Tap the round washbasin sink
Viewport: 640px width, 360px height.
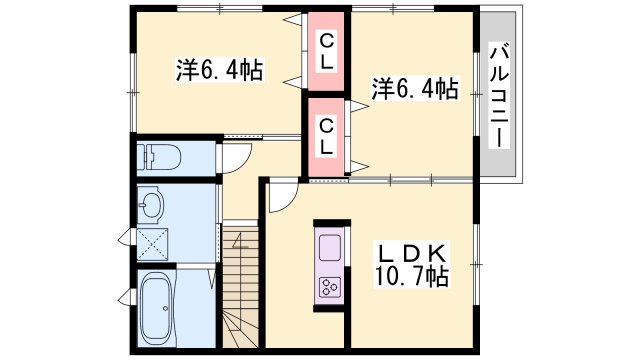pyautogui.click(x=152, y=206)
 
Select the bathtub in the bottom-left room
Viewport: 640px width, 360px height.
pyautogui.click(x=156, y=306)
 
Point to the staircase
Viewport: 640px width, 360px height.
pyautogui.click(x=241, y=290)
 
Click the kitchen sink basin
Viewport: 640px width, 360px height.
pyautogui.click(x=330, y=246)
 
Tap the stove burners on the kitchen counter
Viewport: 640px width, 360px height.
pyautogui.click(x=330, y=287)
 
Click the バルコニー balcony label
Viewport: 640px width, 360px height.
pyautogui.click(x=497, y=96)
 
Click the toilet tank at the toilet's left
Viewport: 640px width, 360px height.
pyautogui.click(x=143, y=156)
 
